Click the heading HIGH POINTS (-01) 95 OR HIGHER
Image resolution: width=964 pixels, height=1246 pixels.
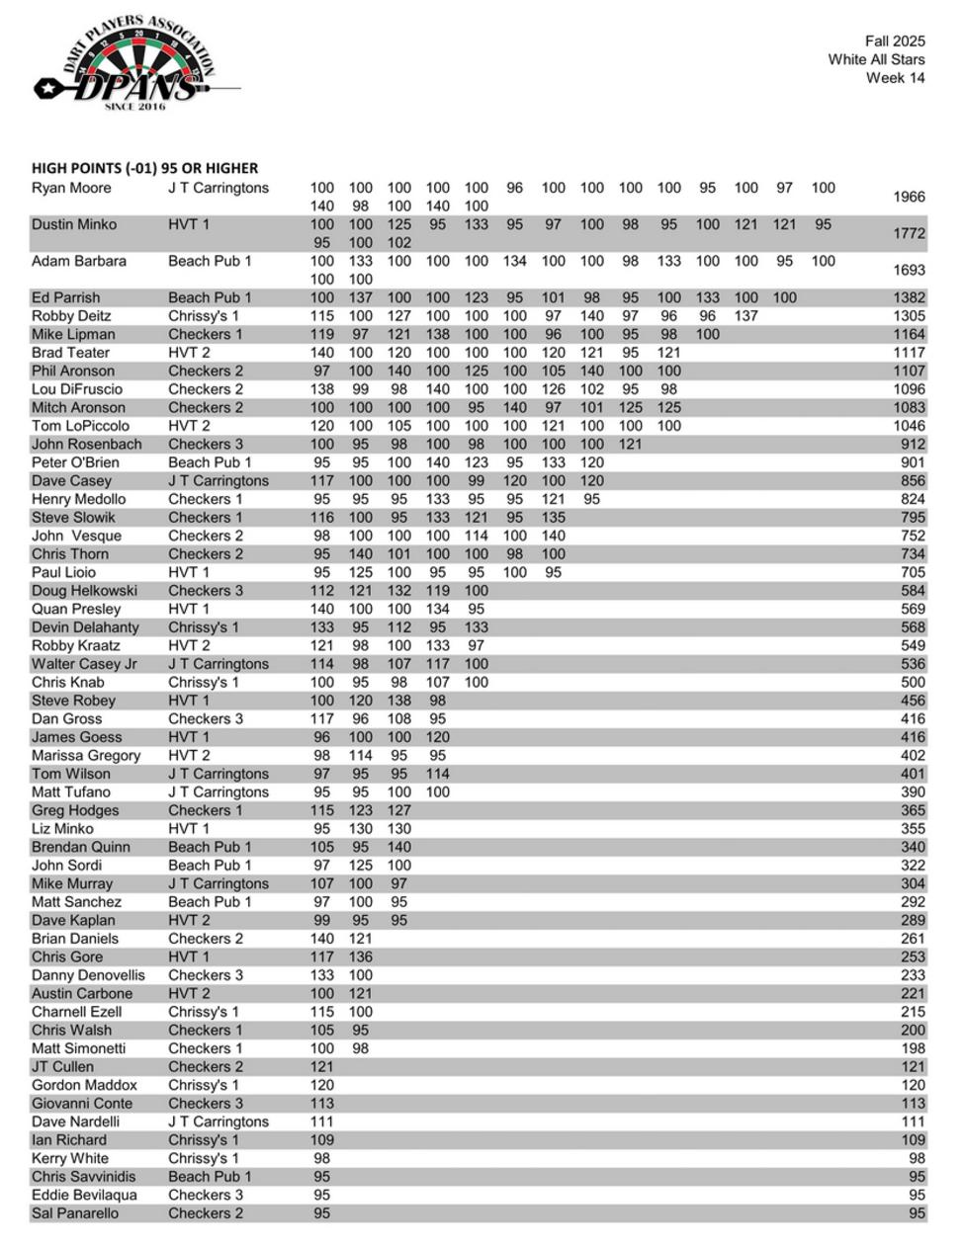pos(144,168)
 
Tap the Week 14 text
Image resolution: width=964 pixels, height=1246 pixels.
pos(895,78)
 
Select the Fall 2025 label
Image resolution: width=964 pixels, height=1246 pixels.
pos(894,42)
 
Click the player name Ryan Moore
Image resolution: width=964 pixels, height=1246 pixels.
pos(71,188)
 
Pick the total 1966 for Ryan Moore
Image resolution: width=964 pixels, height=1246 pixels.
pos(909,197)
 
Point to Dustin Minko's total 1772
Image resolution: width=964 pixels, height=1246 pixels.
pos(909,233)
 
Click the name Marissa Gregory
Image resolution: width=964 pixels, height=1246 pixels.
pos(86,756)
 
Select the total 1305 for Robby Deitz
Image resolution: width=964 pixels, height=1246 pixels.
pos(909,316)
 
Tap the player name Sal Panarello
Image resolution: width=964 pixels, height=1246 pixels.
pos(75,1213)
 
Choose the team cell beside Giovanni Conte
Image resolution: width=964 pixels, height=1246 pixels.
pos(205,1104)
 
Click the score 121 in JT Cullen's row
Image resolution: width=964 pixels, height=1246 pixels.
pos(322,1067)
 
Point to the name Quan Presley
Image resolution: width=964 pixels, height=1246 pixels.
pos(76,610)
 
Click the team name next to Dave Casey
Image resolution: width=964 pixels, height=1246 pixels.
pos(218,481)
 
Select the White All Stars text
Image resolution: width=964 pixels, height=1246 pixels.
pos(876,59)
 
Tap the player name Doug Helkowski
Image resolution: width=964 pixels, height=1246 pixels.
pos(86,591)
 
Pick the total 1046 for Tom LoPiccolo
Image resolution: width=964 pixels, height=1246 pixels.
pos(909,426)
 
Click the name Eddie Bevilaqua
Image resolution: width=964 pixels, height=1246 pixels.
pos(84,1196)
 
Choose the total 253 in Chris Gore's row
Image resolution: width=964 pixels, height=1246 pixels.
pos(913,957)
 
